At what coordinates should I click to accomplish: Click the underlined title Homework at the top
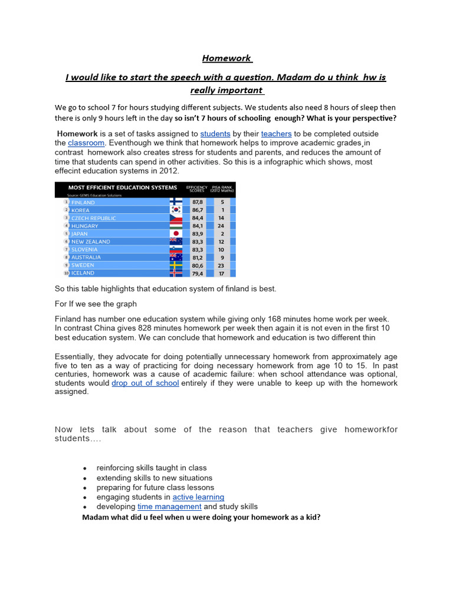coord(226,58)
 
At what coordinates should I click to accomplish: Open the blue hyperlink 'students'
coord(215,134)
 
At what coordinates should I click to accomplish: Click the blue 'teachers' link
coord(276,134)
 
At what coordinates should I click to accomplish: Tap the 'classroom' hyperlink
coord(86,143)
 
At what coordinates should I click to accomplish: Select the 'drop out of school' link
coord(145,383)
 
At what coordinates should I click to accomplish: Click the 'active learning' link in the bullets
coord(198,497)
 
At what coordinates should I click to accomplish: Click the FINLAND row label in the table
coord(83,202)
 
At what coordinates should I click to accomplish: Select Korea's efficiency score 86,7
coord(197,210)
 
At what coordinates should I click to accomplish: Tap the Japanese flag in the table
coord(176,234)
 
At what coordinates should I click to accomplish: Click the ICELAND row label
coord(83,273)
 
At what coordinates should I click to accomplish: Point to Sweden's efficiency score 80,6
coord(197,265)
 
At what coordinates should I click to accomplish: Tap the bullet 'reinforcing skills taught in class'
coord(152,468)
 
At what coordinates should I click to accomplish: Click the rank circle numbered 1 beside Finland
coord(67,202)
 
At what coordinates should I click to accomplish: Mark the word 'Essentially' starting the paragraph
coord(75,356)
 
